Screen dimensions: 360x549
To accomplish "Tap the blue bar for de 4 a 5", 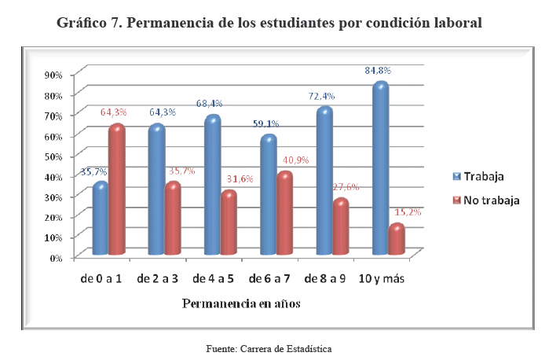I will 212,186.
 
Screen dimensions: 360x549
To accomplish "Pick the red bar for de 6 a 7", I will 285,214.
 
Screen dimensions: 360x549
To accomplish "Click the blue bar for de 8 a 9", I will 325,182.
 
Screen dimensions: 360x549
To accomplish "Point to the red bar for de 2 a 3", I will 173,219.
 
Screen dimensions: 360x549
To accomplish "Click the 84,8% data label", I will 378,71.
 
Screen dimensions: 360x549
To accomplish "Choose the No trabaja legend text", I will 492,200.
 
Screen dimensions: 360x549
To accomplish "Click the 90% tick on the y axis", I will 53,75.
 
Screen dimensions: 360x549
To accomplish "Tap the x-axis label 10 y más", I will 381,279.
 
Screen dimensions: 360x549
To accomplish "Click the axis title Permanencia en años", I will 241,302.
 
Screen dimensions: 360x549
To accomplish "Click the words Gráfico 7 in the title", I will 86,23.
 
